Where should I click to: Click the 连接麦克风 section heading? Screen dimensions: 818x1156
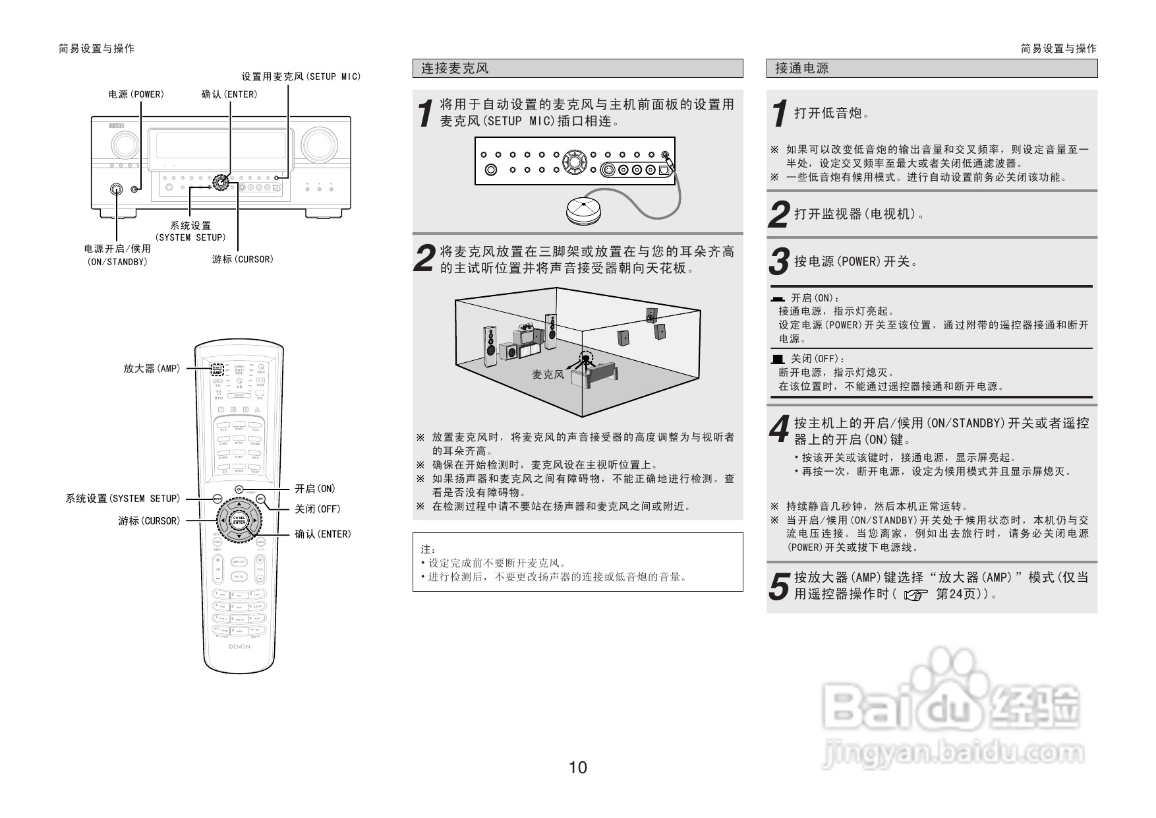[x=455, y=69]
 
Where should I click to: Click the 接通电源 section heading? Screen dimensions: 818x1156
[x=801, y=69]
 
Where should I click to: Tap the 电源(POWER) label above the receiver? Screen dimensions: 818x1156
[x=136, y=94]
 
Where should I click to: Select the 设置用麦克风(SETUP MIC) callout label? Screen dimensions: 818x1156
[x=301, y=77]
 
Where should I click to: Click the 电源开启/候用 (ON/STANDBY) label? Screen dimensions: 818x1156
[x=117, y=255]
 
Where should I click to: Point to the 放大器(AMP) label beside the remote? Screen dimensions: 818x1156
[x=152, y=369]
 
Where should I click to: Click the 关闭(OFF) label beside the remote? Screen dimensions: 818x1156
[x=317, y=509]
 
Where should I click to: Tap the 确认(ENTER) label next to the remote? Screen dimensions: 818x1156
[x=322, y=534]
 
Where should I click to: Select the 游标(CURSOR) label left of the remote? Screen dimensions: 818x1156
[x=149, y=521]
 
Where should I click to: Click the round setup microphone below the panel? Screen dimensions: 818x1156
[x=583, y=209]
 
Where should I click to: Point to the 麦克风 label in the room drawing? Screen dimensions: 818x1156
[x=548, y=375]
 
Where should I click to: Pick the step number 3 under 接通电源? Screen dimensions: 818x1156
[x=780, y=262]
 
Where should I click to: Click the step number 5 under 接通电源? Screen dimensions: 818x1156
[x=780, y=586]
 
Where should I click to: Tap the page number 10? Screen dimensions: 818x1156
[x=577, y=767]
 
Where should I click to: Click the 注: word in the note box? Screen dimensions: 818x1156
[x=428, y=550]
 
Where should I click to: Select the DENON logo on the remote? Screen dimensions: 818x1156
[x=239, y=647]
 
